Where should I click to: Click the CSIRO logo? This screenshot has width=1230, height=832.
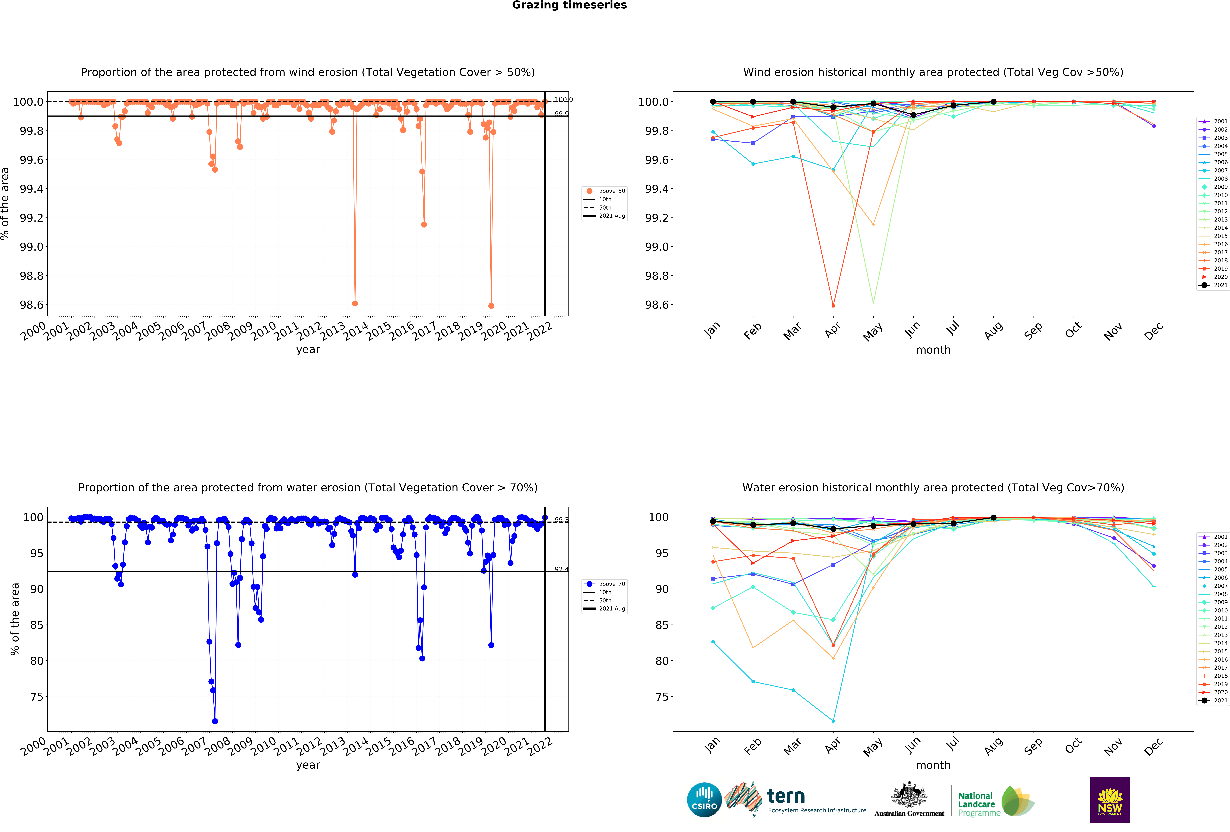click(x=704, y=800)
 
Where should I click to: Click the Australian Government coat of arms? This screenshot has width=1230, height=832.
click(x=909, y=794)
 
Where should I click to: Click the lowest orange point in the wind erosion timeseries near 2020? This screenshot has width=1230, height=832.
click(x=491, y=306)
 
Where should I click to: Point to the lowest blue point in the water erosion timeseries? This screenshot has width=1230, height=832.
click(x=215, y=721)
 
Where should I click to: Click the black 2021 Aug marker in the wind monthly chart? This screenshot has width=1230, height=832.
click(x=993, y=102)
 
